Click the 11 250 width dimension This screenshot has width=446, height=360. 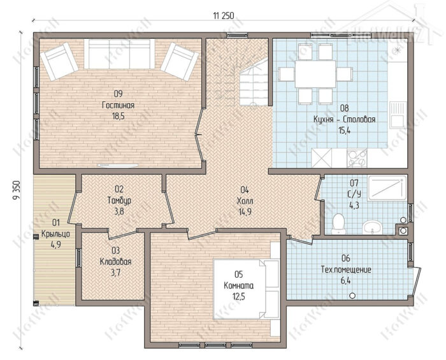[x=223, y=16]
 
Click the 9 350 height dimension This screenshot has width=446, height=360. [x=17, y=190]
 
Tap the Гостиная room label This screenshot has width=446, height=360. [x=118, y=105]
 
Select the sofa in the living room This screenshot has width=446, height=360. [x=119, y=54]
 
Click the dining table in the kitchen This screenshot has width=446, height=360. [x=315, y=74]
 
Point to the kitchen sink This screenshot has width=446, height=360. [x=398, y=114]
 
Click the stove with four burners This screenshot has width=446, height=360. [x=357, y=159]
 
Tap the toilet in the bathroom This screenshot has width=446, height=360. [x=338, y=224]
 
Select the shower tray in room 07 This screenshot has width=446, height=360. [x=387, y=187]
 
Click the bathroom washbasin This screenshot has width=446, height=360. [x=371, y=227]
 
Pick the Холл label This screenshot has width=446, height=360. [x=245, y=201]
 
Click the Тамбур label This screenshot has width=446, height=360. [x=119, y=201]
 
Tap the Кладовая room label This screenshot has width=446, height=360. [x=116, y=261]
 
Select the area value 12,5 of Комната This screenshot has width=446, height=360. [x=238, y=296]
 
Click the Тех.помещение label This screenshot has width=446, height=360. [x=346, y=270]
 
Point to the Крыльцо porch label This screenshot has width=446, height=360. [x=56, y=234]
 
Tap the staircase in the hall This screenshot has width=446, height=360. [x=254, y=82]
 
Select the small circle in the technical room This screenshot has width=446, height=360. [x=352, y=296]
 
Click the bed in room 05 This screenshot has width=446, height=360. [x=246, y=289]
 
